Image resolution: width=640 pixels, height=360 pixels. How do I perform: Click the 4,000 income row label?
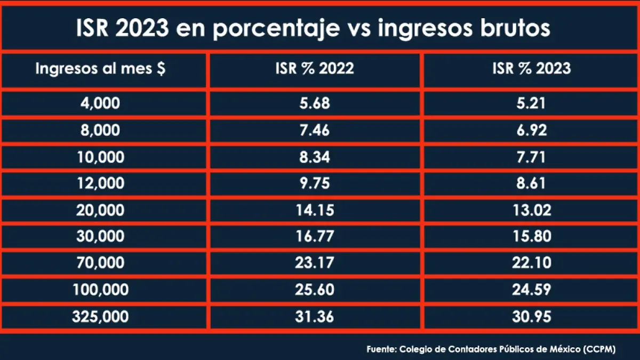100,103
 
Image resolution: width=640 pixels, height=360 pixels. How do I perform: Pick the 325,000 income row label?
100,316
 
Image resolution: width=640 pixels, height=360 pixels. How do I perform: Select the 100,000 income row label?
100,290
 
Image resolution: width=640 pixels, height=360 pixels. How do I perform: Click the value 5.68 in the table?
315,103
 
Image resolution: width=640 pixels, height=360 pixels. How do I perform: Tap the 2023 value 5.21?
531,103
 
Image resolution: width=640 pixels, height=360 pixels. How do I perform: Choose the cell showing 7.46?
315,130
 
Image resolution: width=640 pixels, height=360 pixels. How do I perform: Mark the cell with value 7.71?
531,157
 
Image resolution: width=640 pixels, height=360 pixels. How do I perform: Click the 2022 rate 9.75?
315,183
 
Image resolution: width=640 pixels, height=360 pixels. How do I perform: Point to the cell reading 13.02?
531,210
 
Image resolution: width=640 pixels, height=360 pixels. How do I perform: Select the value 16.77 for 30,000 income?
315,236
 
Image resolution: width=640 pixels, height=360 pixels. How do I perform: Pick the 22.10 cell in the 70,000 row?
531,263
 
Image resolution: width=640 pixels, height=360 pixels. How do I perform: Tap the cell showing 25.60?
315,290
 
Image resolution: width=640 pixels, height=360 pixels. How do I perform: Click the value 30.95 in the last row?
531,316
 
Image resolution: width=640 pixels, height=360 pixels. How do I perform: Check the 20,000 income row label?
100,210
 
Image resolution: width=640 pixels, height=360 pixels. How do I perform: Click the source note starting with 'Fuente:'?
491,349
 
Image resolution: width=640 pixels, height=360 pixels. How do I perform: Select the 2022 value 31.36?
315,316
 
